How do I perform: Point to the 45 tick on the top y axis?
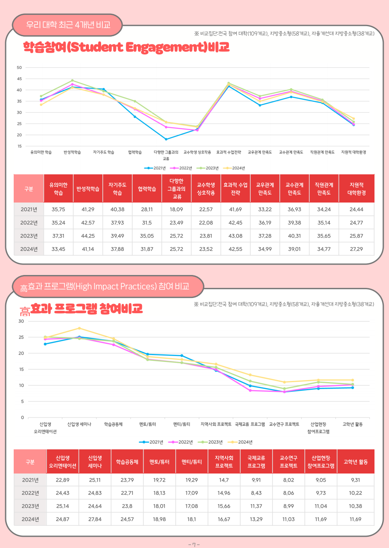19,79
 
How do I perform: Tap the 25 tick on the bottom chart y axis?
21,337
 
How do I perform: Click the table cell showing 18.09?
176,209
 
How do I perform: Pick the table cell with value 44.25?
88,236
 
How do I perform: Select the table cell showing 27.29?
356,249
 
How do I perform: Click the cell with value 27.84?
95,519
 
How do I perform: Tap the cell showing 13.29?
256,519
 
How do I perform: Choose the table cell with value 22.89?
62,480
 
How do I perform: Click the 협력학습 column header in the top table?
147,189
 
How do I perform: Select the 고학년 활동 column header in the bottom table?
356,462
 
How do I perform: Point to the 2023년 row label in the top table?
29,236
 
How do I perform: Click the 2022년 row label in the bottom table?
30,493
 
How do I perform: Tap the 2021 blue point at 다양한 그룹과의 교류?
166,139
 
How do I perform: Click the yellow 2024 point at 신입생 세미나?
79,328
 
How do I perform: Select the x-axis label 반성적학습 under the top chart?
72,152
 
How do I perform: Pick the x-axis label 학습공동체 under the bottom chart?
113,424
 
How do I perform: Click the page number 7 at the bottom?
194,545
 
